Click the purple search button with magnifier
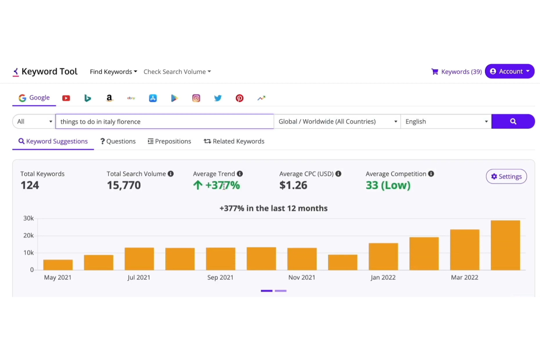(513, 121)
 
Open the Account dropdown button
(509, 71)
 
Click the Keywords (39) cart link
(456, 72)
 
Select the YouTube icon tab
(66, 98)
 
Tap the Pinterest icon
(239, 98)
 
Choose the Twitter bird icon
(218, 98)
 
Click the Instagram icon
(196, 98)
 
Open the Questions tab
(118, 142)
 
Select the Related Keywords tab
(234, 142)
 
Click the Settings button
(506, 177)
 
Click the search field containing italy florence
(164, 121)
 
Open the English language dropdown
(446, 121)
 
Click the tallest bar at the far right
(505, 245)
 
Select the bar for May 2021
(58, 265)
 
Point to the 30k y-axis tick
(28, 218)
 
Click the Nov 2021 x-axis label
(301, 278)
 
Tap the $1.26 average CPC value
(293, 185)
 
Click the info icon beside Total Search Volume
(170, 174)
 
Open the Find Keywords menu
(113, 72)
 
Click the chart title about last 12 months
(273, 208)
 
